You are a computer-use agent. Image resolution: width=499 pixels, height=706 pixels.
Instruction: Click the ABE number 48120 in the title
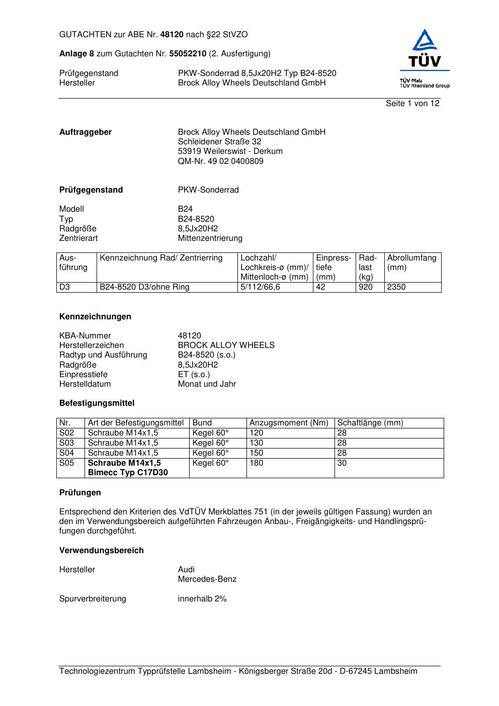[x=172, y=35]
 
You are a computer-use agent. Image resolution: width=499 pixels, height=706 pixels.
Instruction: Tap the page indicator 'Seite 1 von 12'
[x=412, y=104]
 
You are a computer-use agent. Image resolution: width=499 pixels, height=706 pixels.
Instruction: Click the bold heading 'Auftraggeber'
[x=86, y=132]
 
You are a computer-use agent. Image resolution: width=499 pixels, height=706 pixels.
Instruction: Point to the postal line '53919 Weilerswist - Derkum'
[x=230, y=151]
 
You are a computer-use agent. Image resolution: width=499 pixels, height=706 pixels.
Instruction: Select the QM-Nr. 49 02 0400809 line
[x=220, y=161]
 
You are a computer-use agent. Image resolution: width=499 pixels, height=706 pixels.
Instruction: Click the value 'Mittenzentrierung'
[x=210, y=238]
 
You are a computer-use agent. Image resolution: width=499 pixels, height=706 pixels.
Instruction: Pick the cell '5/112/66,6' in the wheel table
[x=260, y=287]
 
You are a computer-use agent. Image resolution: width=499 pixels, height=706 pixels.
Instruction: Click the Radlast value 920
[x=366, y=287]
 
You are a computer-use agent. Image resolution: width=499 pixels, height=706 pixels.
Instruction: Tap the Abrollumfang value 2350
[x=396, y=287]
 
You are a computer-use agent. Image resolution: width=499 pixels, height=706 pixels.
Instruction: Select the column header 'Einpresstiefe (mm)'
[x=333, y=267]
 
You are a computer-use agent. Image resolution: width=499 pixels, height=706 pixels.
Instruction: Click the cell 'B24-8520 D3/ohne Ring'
[x=144, y=287]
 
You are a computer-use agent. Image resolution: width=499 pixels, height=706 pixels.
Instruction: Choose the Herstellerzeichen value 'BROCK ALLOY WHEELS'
[x=226, y=345]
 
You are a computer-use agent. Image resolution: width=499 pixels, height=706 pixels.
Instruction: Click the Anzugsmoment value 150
[x=256, y=453]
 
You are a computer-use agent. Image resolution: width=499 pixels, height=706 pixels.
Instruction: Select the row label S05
[x=66, y=463]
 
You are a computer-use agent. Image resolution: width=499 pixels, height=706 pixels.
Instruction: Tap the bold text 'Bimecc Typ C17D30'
[x=128, y=473]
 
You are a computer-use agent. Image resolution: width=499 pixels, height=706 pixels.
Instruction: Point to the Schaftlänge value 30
[x=342, y=463]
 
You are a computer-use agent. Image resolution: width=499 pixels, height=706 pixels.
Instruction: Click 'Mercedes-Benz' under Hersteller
[x=207, y=579]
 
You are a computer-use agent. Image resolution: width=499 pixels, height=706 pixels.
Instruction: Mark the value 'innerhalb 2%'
[x=202, y=599]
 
